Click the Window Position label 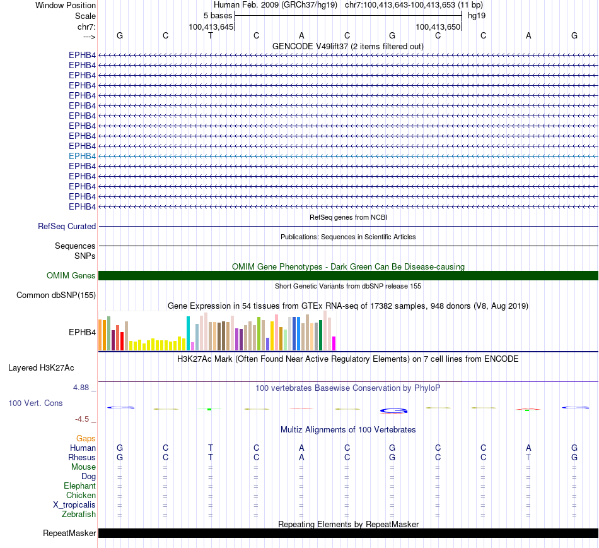pos(66,5)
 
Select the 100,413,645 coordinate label pos(211,27)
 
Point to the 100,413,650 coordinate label pos(438,27)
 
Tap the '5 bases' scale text pos(218,15)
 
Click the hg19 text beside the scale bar pos(476,15)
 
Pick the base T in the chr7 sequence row pos(211,35)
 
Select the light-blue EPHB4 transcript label pos(82,156)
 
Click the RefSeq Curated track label pos(67,227)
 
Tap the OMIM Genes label pos(71,276)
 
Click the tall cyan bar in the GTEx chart pos(189,333)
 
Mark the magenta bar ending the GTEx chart pos(334,343)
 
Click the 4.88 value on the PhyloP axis pos(83,388)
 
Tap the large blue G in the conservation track pos(392,410)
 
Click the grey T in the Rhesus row pos(528,457)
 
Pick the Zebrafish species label pos(80,515)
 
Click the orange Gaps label pos(86,438)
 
